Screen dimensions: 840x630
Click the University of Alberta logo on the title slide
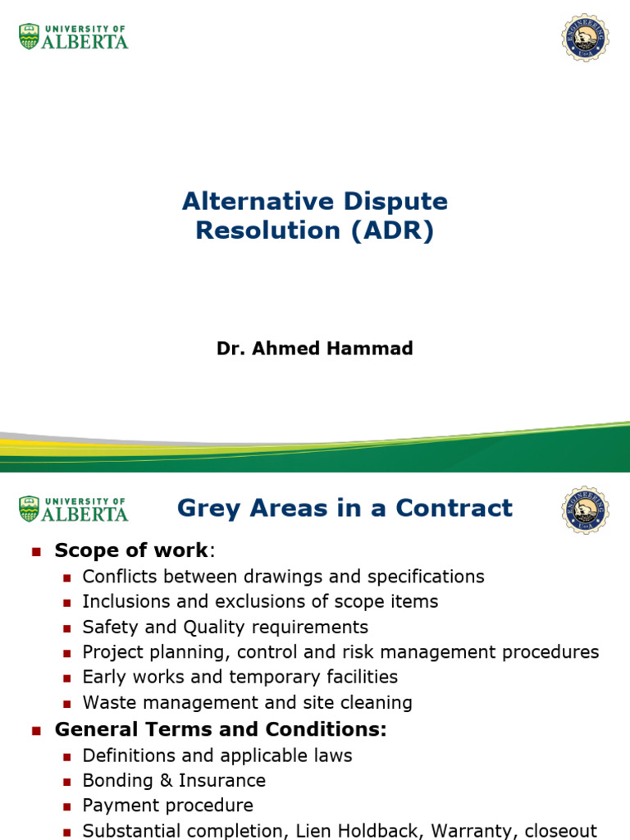pos(74,37)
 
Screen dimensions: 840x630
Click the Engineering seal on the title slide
pos(585,38)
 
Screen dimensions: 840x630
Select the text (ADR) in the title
pos(392,231)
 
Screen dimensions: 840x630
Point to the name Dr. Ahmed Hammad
pos(315,349)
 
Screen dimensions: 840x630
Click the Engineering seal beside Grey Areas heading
pos(585,509)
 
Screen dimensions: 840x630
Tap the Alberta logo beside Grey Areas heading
pos(74,509)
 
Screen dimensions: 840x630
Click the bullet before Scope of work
pos(35,552)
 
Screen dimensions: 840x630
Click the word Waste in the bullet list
pos(107,702)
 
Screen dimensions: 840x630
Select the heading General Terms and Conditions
pos(220,728)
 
